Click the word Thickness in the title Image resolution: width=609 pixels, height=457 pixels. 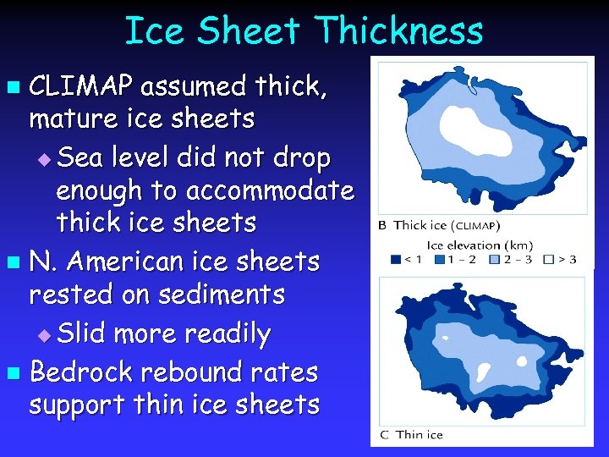[398, 32]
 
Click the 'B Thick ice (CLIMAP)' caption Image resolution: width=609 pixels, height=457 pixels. [439, 225]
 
